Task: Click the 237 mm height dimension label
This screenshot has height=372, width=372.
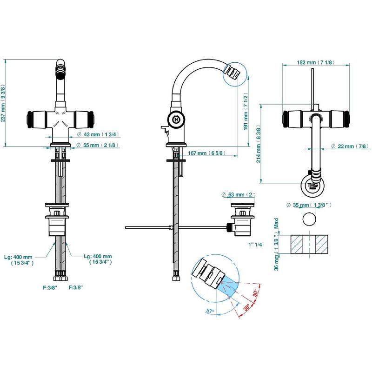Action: [3, 103]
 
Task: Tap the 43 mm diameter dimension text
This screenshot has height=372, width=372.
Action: [98, 134]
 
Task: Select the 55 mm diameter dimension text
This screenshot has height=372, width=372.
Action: [97, 145]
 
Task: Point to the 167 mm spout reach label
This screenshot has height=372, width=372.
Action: [206, 153]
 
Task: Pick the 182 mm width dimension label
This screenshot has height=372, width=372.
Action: [316, 62]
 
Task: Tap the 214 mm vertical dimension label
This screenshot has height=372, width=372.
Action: [259, 145]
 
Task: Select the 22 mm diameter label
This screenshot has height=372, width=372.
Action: [351, 146]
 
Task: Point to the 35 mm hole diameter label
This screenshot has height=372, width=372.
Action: [309, 205]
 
